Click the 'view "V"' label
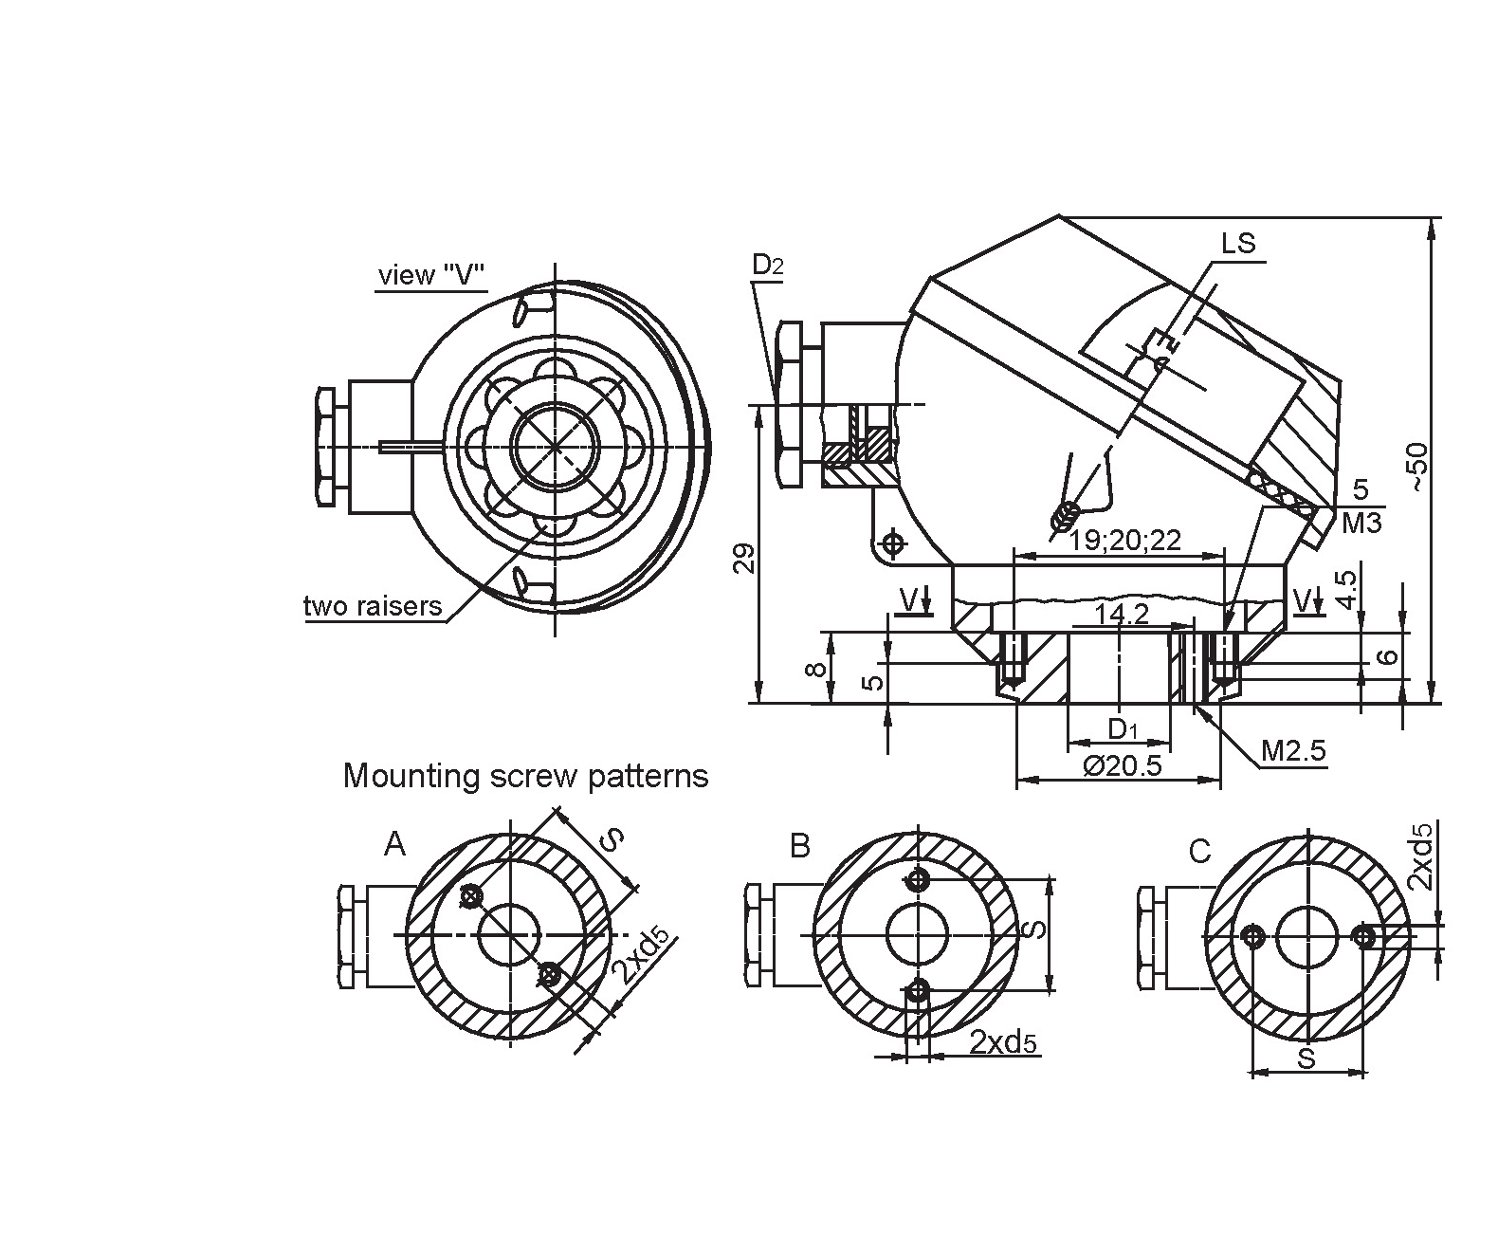coord(431,275)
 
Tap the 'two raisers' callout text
coord(373,606)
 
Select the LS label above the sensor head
coord(1237,244)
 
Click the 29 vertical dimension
coord(745,558)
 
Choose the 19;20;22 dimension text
coord(1125,541)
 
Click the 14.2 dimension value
coord(1121,615)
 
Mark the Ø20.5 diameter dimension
coord(1122,765)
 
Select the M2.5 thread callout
coord(1293,752)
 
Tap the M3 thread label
coord(1362,523)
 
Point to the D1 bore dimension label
coord(1123,729)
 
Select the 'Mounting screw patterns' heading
coord(525,776)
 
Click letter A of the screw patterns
coord(394,843)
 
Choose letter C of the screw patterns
coord(1199,852)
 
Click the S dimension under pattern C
coord(1306,1058)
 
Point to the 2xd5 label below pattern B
coord(1003,1042)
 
